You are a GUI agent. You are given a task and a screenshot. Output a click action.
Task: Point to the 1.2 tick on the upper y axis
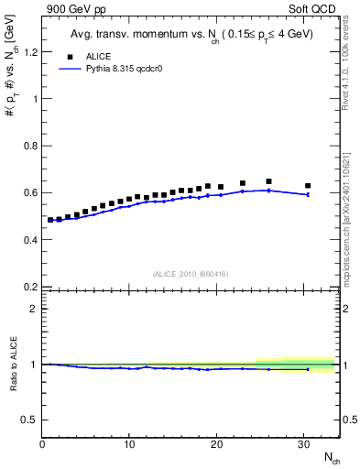coord(30,51)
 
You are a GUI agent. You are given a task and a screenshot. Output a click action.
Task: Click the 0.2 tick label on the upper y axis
coord(30,287)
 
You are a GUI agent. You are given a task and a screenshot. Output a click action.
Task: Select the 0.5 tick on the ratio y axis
coord(30,420)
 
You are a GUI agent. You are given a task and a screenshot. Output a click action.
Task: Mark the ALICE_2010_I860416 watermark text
coord(191,274)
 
